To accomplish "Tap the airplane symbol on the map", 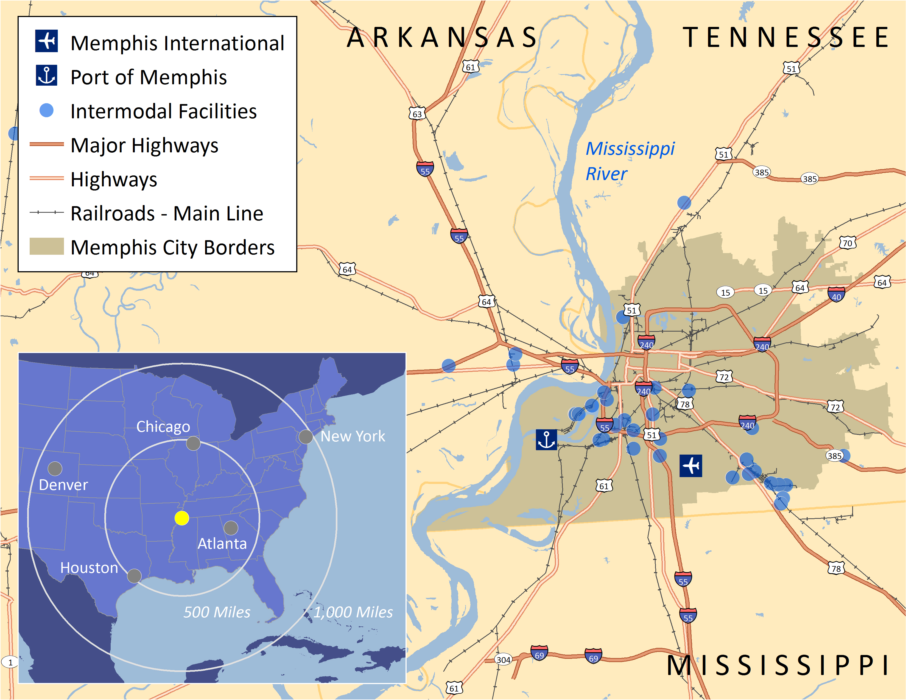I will (691, 465).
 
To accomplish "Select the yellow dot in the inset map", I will (182, 518).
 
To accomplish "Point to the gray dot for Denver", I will (55, 469).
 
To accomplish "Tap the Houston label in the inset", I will (89, 568).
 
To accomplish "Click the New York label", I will (353, 436).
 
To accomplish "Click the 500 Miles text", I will (217, 612).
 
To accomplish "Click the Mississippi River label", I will (630, 161).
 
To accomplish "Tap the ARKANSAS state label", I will (442, 37).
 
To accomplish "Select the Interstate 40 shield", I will (836, 295).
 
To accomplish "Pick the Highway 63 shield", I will (417, 114).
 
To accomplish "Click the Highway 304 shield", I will (503, 659).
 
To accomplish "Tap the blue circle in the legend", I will (46, 110).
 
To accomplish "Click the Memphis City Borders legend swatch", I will (46, 246).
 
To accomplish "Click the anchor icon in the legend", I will (46, 75).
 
